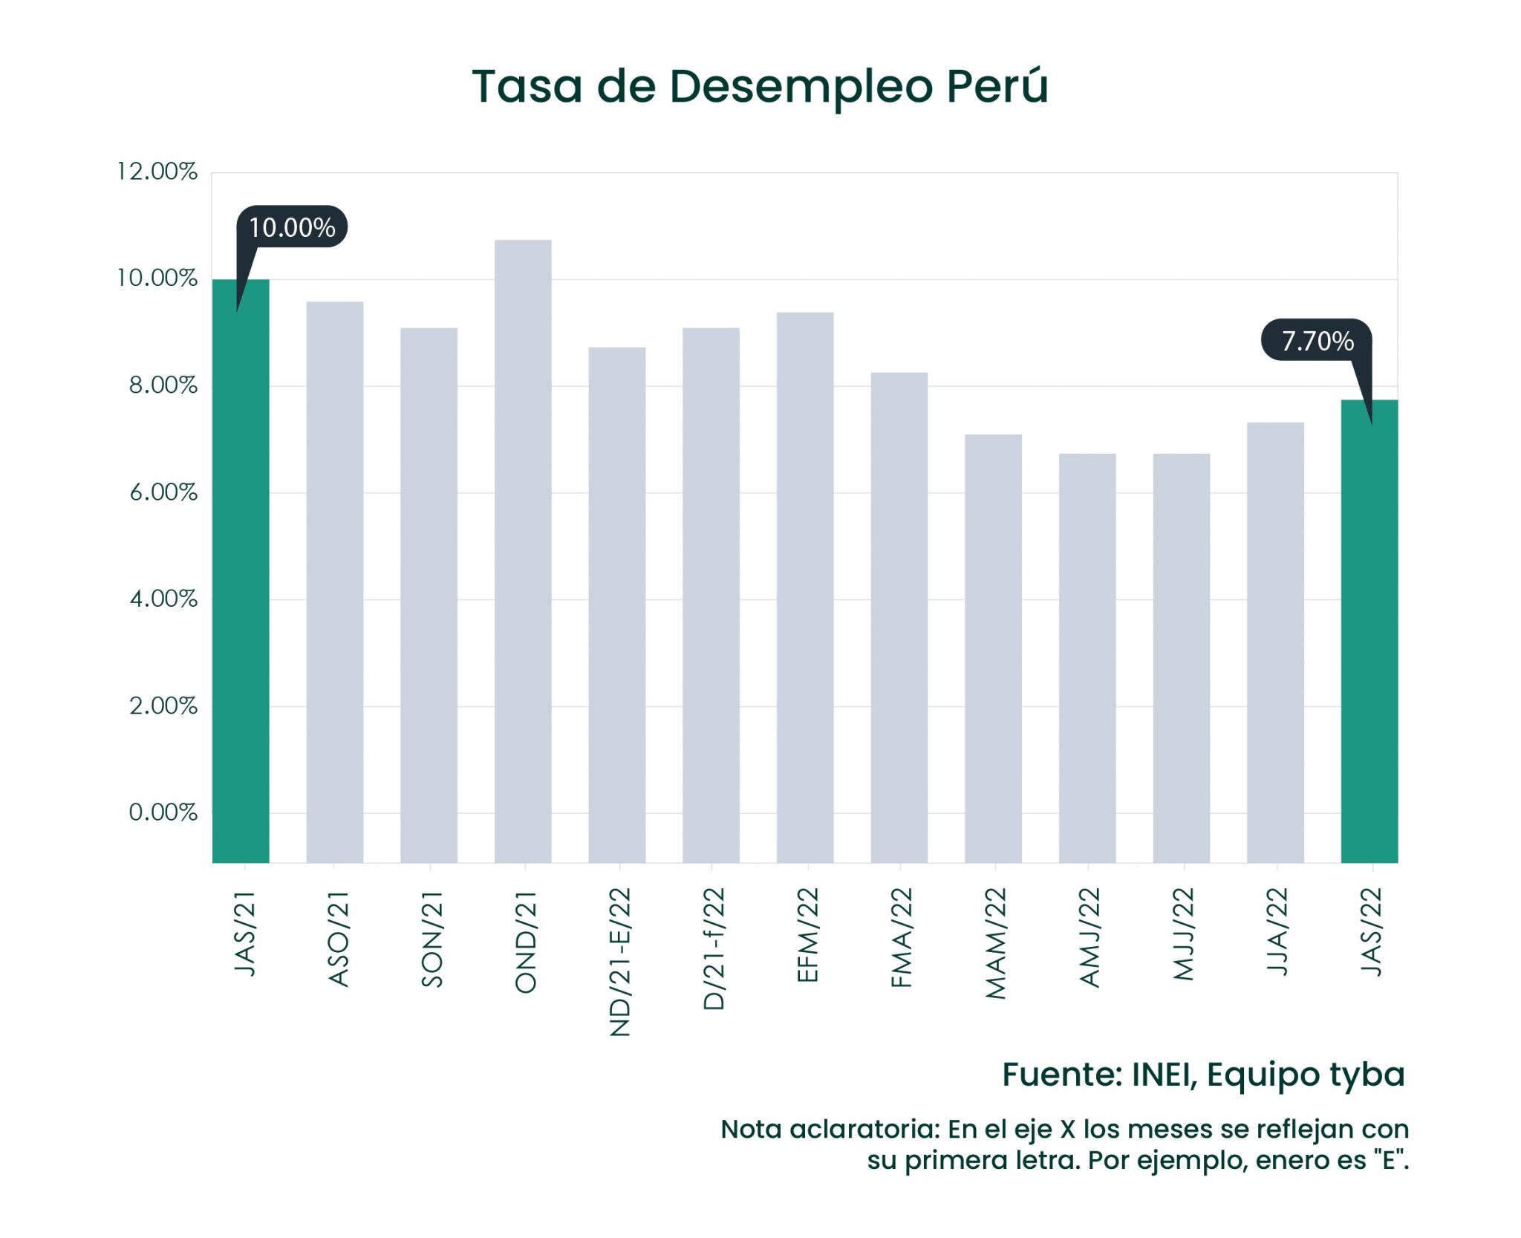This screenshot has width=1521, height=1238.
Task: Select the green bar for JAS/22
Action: pyautogui.click(x=1369, y=631)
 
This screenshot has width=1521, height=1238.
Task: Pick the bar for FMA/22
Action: pyautogui.click(x=899, y=617)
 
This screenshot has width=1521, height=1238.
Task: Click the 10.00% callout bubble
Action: pyautogui.click(x=292, y=227)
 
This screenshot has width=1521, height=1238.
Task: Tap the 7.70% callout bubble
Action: pyautogui.click(x=1317, y=341)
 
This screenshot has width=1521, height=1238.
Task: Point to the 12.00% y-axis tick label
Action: pyautogui.click(x=157, y=172)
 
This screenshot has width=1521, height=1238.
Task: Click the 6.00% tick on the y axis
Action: pyautogui.click(x=163, y=492)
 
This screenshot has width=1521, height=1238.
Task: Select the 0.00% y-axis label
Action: pyautogui.click(x=163, y=812)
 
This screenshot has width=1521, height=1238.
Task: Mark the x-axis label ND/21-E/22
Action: pyautogui.click(x=619, y=961)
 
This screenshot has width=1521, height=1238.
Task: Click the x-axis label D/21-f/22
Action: pyautogui.click(x=713, y=948)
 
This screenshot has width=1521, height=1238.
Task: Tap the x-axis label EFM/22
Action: pyautogui.click(x=807, y=935)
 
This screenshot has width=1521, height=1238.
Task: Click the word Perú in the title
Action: pyautogui.click(x=997, y=86)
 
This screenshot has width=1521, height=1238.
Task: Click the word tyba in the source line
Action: pyautogui.click(x=1366, y=1075)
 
